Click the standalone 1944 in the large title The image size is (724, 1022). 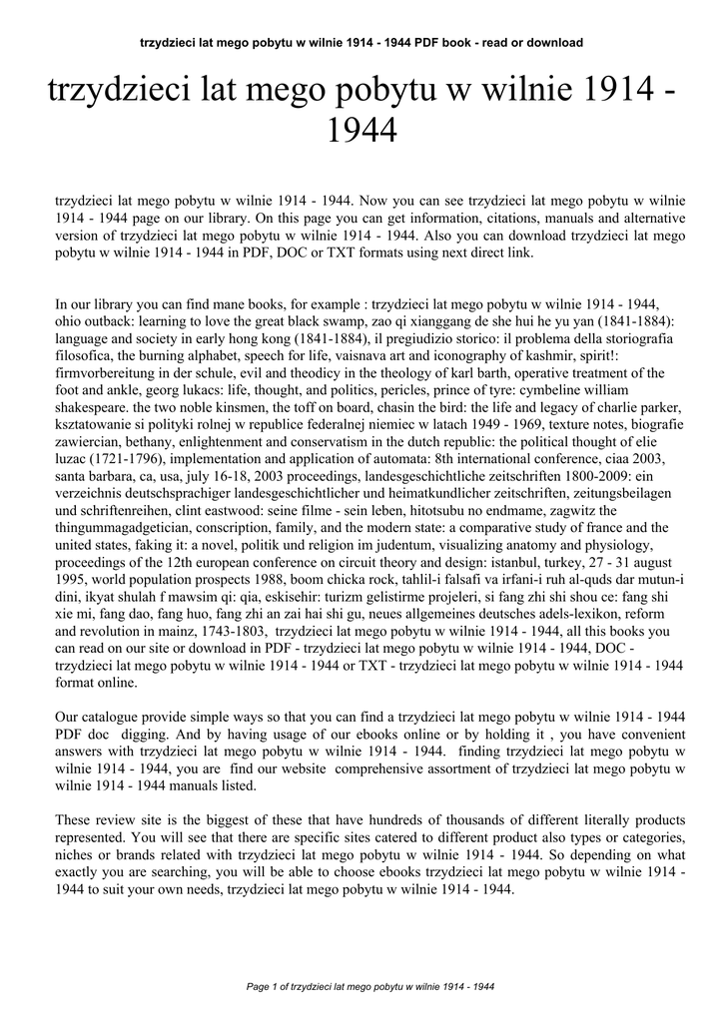pyautogui.click(x=362, y=129)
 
